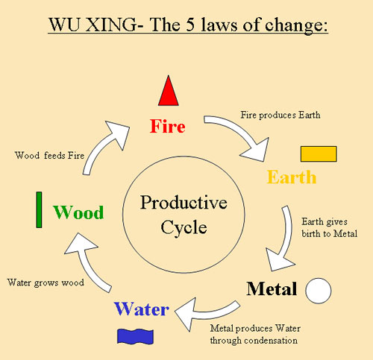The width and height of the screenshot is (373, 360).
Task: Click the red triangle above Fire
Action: (x=169, y=92)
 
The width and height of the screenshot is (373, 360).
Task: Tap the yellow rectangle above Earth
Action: (x=319, y=154)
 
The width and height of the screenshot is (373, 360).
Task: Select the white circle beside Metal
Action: (x=319, y=290)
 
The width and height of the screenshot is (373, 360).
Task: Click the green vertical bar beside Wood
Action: (x=39, y=209)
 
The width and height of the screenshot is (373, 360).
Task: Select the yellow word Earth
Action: (x=292, y=177)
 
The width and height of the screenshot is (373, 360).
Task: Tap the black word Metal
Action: (x=272, y=289)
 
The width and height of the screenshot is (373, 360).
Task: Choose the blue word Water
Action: (x=141, y=309)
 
